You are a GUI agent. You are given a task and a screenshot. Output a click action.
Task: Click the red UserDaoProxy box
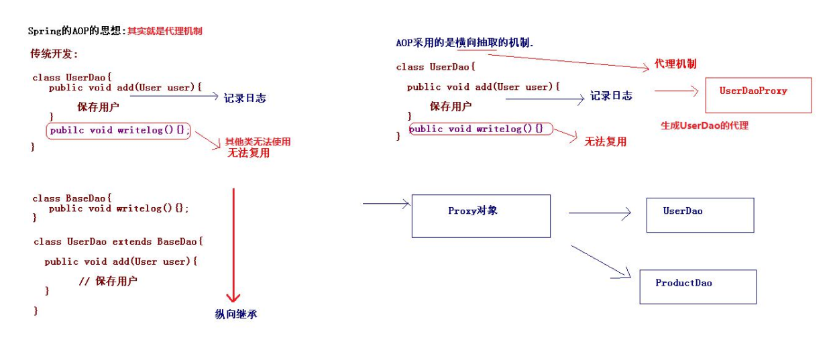(x=758, y=95)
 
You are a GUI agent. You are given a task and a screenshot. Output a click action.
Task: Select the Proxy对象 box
(x=480, y=216)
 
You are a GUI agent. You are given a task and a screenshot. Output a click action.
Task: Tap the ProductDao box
(x=698, y=286)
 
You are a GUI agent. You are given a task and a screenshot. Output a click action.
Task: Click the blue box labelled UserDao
(x=700, y=215)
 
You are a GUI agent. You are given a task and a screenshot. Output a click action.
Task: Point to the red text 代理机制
(x=675, y=64)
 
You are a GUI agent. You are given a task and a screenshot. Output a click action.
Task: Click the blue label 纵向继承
(x=236, y=314)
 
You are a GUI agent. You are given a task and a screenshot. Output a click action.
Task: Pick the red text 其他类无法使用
(x=258, y=141)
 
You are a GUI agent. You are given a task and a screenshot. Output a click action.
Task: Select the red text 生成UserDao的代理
(x=704, y=125)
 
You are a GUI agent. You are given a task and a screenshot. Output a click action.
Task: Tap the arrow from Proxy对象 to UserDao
(x=600, y=213)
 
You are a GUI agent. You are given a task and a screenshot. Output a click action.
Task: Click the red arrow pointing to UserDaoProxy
(x=677, y=91)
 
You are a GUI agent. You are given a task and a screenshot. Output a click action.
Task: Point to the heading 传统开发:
(x=54, y=54)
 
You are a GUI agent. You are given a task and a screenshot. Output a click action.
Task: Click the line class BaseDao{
(x=72, y=198)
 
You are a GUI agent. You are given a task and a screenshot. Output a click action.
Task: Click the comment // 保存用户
(x=108, y=281)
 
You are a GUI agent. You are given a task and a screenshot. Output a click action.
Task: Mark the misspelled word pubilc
(x=66, y=130)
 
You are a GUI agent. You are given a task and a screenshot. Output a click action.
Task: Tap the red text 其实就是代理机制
(x=165, y=31)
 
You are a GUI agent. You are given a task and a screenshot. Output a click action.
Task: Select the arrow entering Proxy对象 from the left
(x=386, y=202)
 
